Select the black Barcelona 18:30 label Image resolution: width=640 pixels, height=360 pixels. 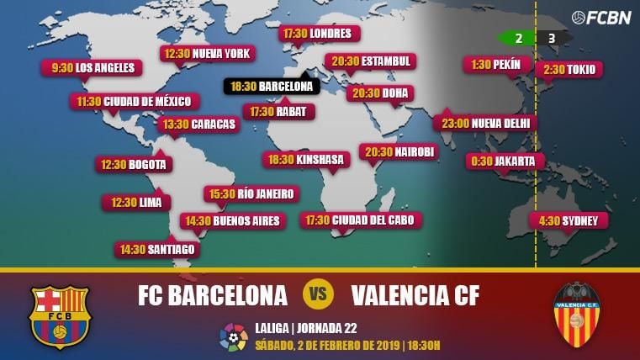tap(271, 86)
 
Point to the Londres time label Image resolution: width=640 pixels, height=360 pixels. tap(320, 34)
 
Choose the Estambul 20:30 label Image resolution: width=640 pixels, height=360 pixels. tap(371, 61)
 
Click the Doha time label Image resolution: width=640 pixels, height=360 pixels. tap(382, 93)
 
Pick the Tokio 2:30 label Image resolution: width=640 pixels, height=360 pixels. tap(569, 69)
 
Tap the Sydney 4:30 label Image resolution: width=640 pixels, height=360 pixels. tap(569, 220)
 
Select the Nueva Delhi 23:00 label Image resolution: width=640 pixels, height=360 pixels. tap(487, 123)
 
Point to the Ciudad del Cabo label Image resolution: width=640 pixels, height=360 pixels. tap(362, 220)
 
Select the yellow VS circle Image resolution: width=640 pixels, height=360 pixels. tap(319, 294)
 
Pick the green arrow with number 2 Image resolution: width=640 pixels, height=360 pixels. tap(515, 38)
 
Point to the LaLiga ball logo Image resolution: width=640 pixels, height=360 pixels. tap(233, 336)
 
